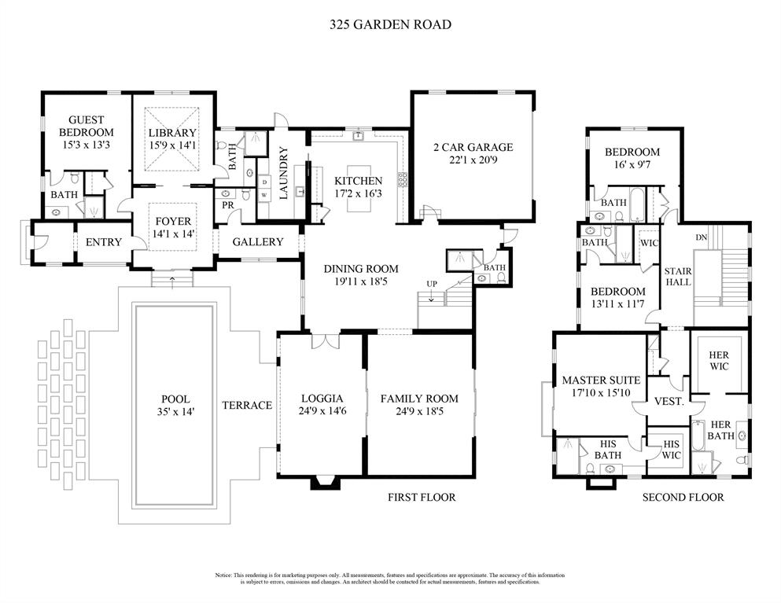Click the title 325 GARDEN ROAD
[390, 24]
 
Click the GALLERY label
[257, 242]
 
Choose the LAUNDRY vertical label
[284, 172]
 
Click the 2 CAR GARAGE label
[473, 147]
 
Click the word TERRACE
[247, 406]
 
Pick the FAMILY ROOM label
[419, 399]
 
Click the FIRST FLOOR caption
[422, 497]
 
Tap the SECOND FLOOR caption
[683, 497]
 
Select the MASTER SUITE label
[601, 381]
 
